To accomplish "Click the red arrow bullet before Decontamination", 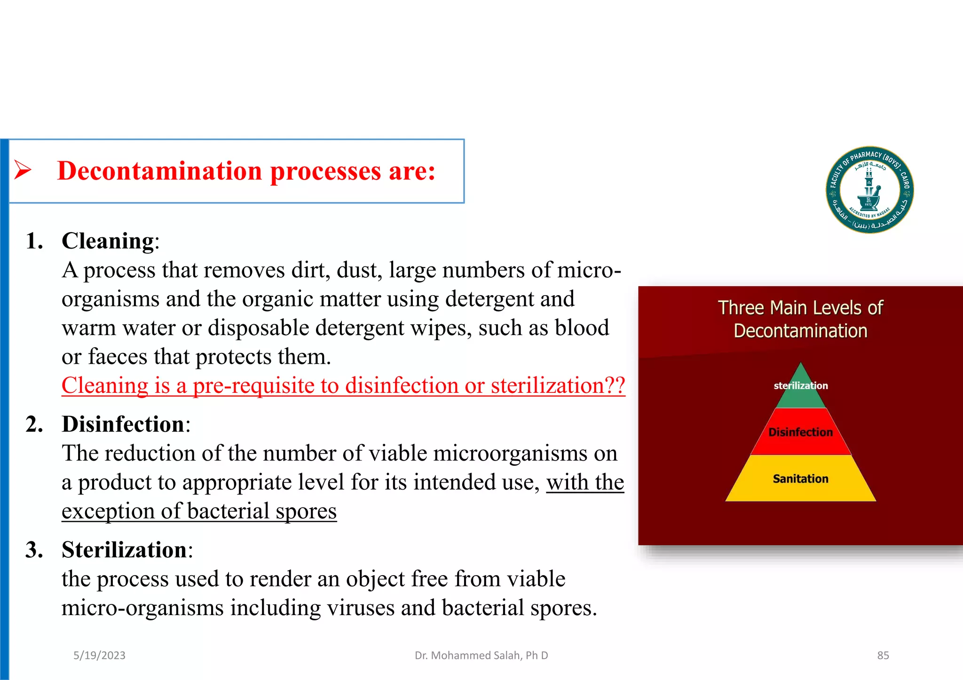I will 23,170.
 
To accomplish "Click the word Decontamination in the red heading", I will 159,171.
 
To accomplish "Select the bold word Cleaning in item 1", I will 108,241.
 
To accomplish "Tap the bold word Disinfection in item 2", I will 123,424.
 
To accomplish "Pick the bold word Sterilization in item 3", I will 124,550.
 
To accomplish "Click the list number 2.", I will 34,424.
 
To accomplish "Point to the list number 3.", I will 34,550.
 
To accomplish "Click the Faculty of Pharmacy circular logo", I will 869,189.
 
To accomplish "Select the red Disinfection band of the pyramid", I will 800,432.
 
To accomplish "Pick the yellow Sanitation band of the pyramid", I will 800,479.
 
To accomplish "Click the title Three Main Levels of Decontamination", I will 800,319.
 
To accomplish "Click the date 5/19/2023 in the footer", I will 99,656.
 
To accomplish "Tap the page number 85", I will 883,656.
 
